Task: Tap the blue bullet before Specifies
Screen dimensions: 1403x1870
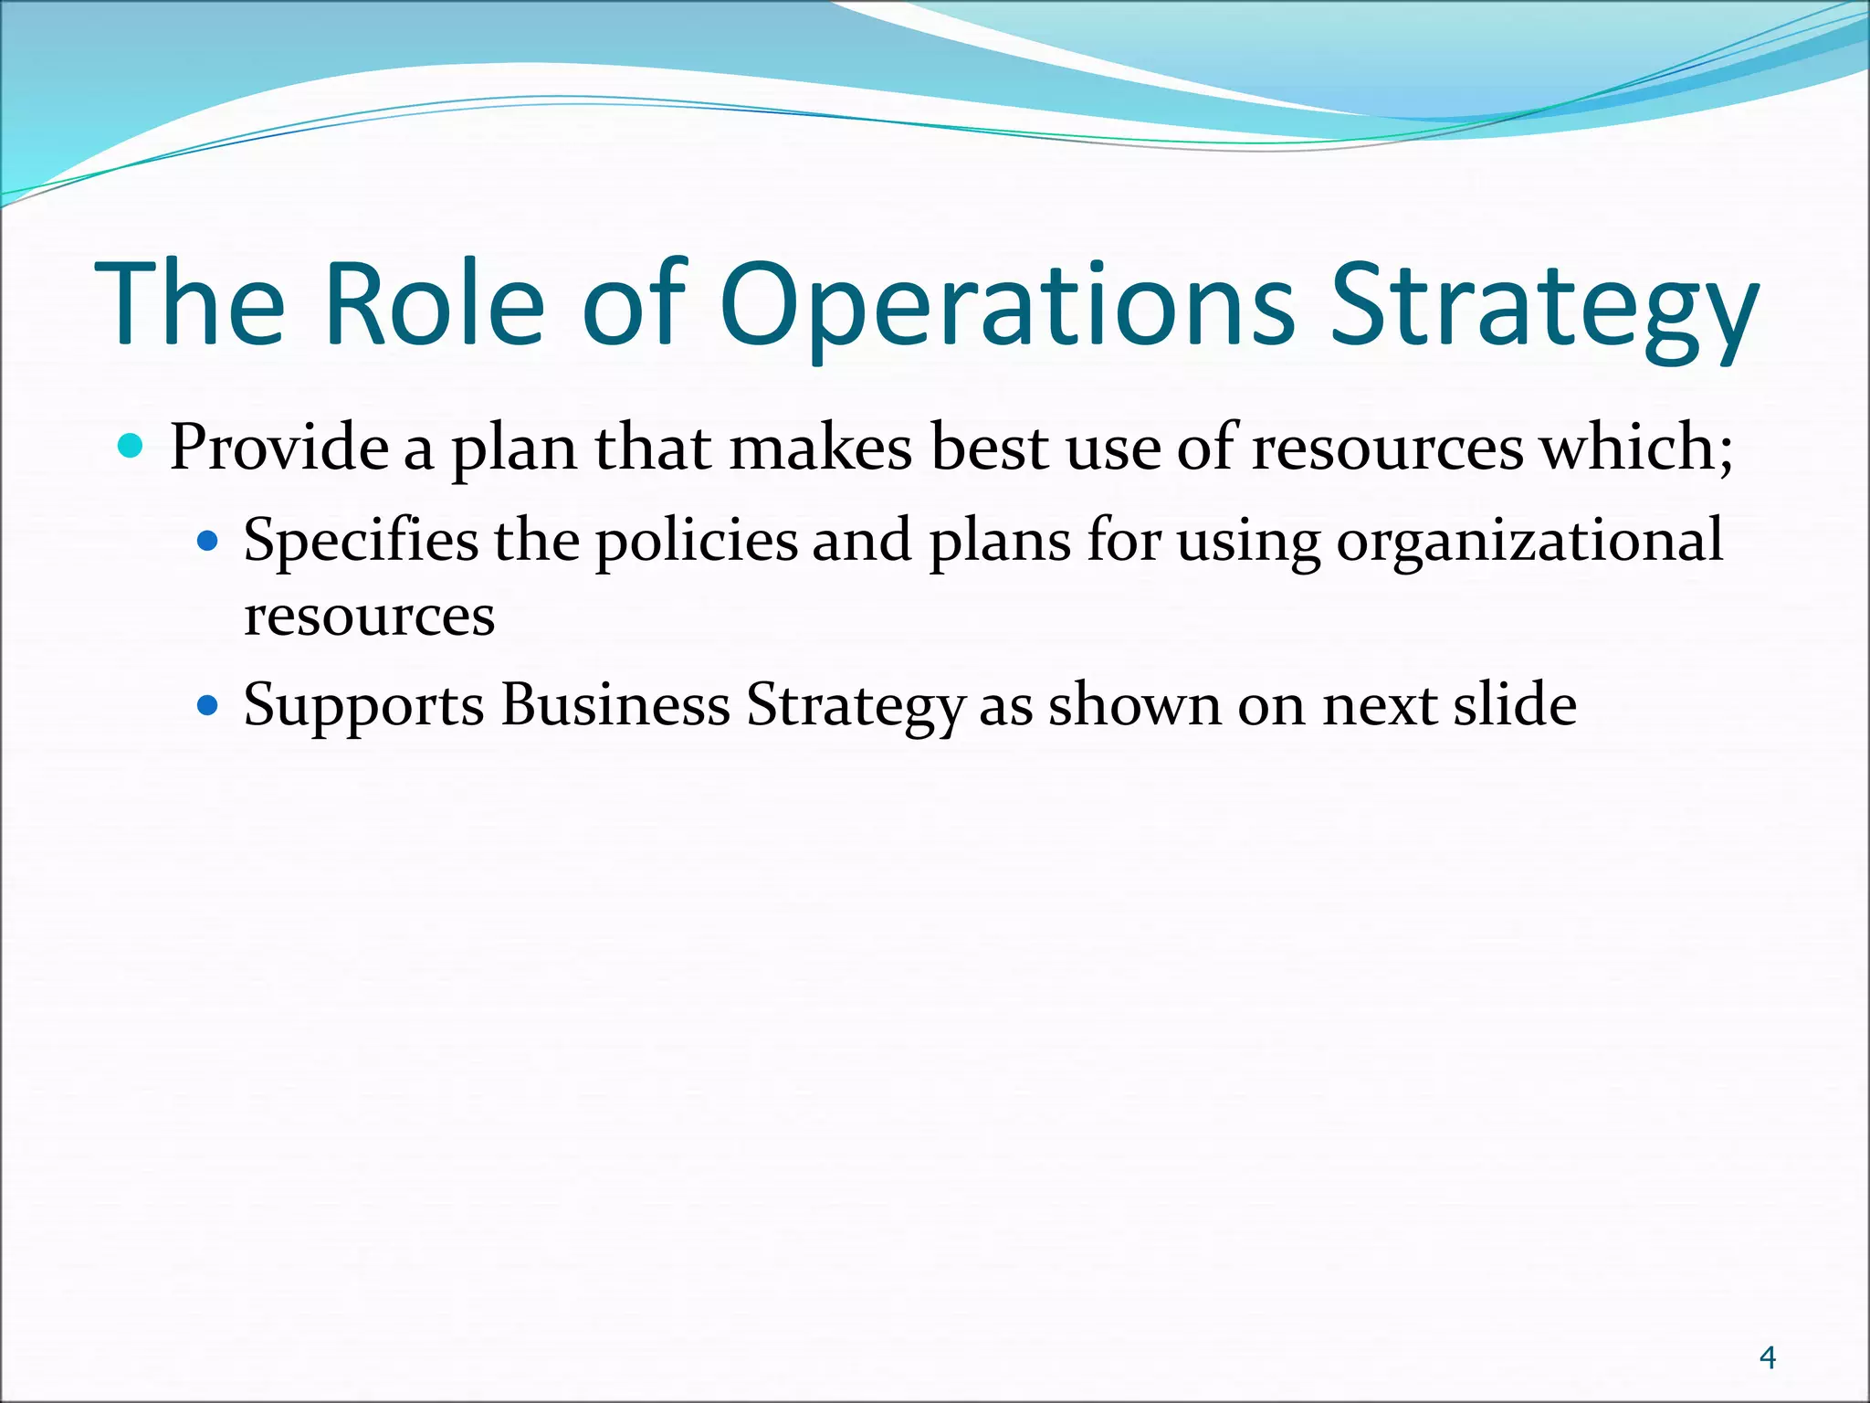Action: pos(209,542)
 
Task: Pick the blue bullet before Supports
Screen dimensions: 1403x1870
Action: pos(209,706)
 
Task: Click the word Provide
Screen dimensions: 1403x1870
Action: pos(279,448)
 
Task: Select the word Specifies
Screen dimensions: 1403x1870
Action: pos(361,541)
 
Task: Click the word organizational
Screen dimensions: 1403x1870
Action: pos(1529,541)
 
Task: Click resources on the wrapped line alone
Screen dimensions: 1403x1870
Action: pos(369,616)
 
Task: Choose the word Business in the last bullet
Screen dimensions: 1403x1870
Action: pos(615,705)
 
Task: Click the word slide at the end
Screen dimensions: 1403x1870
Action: pos(1515,705)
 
